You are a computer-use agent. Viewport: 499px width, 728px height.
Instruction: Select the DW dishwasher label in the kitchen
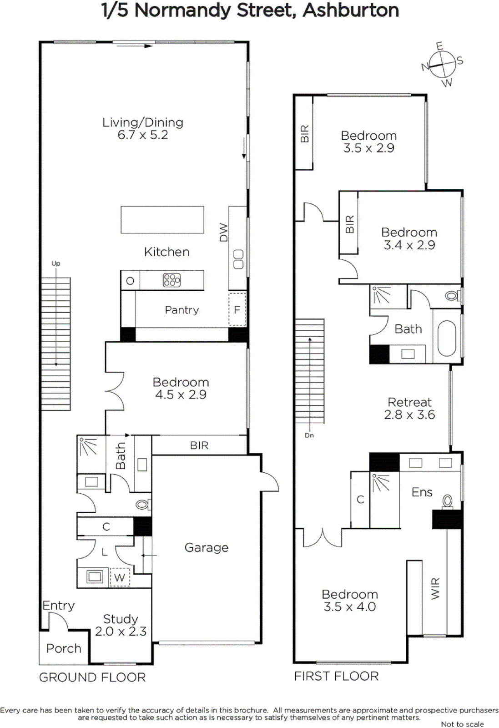click(223, 232)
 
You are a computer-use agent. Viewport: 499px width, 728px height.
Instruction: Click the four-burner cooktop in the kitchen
click(171, 280)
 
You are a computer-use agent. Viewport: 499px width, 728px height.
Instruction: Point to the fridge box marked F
click(237, 309)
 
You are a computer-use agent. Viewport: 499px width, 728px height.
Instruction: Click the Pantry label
click(181, 310)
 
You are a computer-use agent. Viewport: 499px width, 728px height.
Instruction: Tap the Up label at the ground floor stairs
click(55, 263)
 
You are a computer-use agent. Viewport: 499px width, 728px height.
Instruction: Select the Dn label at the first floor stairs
click(309, 435)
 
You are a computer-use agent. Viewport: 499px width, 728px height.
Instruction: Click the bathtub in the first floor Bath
click(447, 338)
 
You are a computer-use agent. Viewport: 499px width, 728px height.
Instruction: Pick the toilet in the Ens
click(448, 501)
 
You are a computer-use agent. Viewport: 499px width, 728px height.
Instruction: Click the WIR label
click(435, 588)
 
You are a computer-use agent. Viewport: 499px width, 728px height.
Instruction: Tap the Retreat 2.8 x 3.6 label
click(409, 408)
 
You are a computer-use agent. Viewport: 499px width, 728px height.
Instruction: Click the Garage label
click(206, 547)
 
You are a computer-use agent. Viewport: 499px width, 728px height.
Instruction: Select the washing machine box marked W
click(120, 578)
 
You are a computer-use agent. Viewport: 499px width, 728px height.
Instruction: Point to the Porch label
click(64, 648)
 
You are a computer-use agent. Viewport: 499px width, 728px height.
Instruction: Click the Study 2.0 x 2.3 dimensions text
click(121, 632)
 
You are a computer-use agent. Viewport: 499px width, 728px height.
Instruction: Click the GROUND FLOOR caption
click(92, 677)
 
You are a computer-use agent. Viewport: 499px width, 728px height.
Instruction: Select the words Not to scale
click(462, 724)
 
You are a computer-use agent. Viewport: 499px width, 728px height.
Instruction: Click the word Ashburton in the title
click(351, 10)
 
